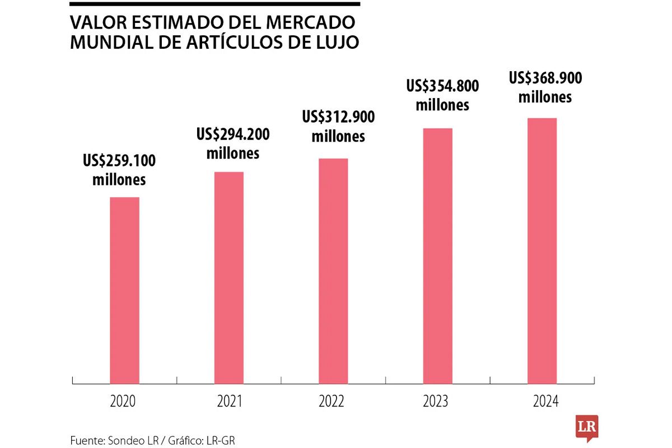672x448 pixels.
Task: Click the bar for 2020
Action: point(124,290)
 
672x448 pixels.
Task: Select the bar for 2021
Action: point(229,277)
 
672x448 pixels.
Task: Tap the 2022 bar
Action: point(333,270)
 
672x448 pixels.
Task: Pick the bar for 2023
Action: point(437,256)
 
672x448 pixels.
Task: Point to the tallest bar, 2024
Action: point(542,250)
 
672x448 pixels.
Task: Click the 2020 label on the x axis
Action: point(123,402)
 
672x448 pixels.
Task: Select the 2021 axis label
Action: point(228,402)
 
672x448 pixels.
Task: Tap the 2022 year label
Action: point(332,402)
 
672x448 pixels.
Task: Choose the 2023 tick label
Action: point(436,402)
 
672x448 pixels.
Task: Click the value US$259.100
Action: point(119,161)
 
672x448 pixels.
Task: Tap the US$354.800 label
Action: point(442,86)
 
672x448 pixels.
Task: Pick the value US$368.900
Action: point(545,78)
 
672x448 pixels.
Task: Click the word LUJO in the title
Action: point(335,42)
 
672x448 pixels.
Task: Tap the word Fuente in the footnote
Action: point(85,440)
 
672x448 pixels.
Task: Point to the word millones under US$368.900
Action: point(545,97)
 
